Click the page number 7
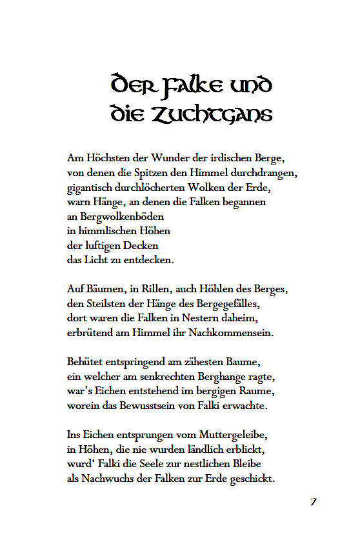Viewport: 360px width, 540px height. tap(313, 502)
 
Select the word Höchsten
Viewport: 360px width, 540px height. tap(107, 157)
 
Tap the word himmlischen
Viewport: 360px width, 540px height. tap(105, 231)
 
